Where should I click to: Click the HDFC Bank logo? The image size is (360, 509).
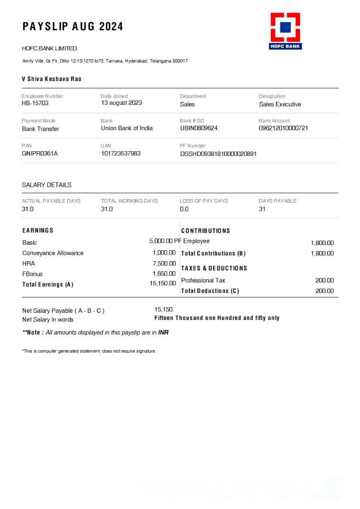[x=286, y=31]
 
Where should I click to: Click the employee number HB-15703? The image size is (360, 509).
[x=35, y=103]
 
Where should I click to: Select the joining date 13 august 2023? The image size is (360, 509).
[x=121, y=103]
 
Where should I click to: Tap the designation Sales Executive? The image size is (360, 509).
[x=280, y=104]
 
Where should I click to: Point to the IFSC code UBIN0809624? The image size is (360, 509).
[x=199, y=128]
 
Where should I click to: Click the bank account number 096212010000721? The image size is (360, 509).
[x=283, y=128]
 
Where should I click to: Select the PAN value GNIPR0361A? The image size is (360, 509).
[x=40, y=154]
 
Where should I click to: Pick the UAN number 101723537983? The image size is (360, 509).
[x=120, y=154]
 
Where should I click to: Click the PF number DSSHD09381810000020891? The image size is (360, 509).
[x=218, y=154]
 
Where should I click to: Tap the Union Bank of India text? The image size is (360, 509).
[x=127, y=128]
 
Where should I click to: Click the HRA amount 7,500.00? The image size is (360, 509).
[x=164, y=264]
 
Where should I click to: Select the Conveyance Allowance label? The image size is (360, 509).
[x=53, y=253]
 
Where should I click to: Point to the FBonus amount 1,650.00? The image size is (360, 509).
[x=164, y=274]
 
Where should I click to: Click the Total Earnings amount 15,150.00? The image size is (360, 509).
[x=163, y=284]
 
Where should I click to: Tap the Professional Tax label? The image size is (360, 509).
[x=203, y=281]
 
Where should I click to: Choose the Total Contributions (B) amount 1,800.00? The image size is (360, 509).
[x=322, y=254]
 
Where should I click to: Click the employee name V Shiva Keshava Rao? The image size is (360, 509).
[x=52, y=79]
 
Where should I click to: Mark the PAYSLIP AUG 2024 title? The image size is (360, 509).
[x=73, y=27]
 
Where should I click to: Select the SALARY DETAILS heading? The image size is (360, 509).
[x=46, y=185]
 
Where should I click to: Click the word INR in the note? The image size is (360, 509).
[x=163, y=333]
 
